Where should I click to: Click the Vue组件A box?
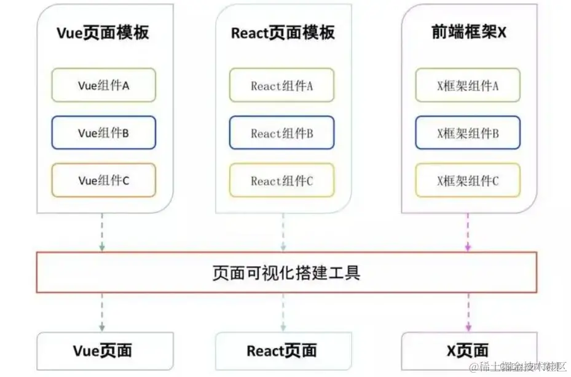(103, 85)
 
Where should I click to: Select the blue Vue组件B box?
(103, 133)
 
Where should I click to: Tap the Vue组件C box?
(103, 180)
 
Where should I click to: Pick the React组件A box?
(282, 85)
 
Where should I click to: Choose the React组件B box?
(282, 133)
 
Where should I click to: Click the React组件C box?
(282, 181)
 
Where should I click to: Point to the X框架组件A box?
(468, 85)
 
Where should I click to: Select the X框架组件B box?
(468, 133)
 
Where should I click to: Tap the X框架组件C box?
(468, 181)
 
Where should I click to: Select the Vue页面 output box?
(103, 351)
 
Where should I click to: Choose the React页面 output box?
(282, 351)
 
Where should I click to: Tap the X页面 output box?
(468, 351)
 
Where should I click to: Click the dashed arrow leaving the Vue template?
(102, 232)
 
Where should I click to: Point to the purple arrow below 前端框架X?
(468, 232)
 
